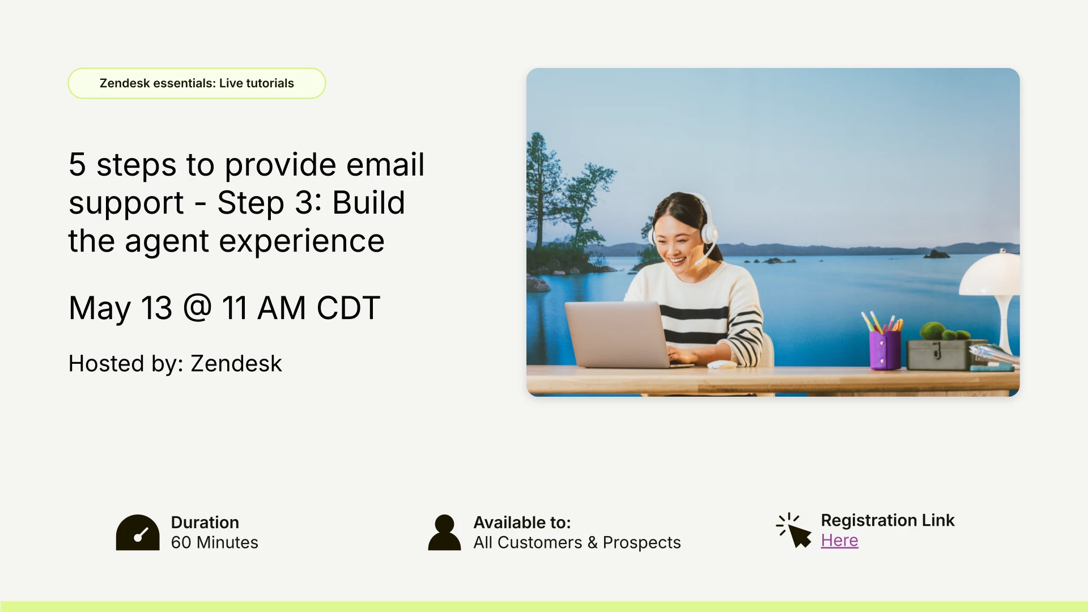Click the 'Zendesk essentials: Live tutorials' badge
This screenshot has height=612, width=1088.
click(197, 83)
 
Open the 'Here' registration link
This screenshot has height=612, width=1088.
click(839, 541)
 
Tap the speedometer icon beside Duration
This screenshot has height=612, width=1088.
click(138, 533)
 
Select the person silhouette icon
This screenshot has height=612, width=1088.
click(444, 533)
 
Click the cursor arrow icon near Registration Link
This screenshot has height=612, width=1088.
click(794, 530)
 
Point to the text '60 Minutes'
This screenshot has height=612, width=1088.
click(214, 542)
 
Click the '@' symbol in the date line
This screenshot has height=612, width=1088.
click(197, 308)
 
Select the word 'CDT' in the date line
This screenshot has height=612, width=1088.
click(348, 308)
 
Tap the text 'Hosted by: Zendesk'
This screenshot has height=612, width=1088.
click(175, 363)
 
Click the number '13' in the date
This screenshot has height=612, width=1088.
click(156, 308)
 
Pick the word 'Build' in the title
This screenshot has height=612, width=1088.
click(368, 202)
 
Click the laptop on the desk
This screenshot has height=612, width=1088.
click(620, 334)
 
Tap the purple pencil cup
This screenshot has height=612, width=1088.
click(885, 350)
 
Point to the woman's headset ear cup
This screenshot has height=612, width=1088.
click(709, 233)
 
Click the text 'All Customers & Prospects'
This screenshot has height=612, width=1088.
click(577, 542)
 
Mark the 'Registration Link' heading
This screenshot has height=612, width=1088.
click(887, 520)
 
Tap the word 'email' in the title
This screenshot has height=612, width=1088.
click(385, 164)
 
